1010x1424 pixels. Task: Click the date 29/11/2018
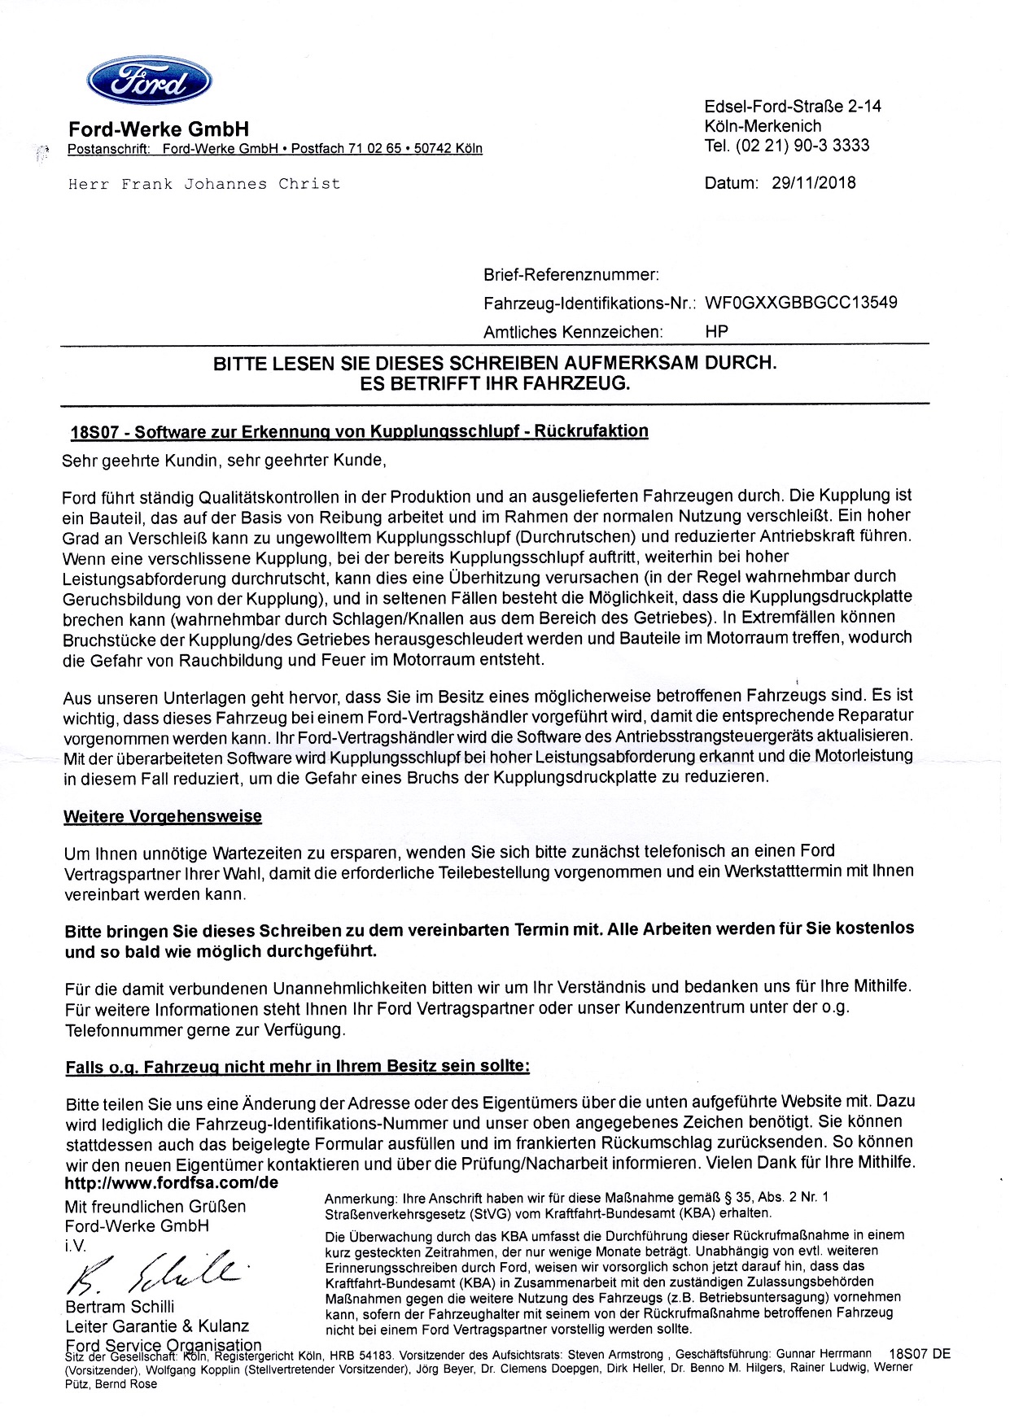coord(813,183)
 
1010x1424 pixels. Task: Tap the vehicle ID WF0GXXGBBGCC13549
coord(801,303)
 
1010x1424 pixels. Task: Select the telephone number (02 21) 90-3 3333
coord(802,146)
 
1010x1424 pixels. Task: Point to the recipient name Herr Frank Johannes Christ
coord(204,184)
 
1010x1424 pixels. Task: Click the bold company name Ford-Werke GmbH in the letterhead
coord(159,129)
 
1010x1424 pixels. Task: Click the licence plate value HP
coord(716,331)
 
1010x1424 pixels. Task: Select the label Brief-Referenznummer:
coord(571,275)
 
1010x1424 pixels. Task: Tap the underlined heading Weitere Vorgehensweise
coord(163,816)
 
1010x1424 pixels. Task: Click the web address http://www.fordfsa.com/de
coord(172,1182)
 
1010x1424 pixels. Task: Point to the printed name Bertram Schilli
coord(120,1307)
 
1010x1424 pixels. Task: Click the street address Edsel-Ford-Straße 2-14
coord(792,107)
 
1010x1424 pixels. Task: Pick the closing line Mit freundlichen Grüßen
coord(155,1206)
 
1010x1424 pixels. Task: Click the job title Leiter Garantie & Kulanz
coord(157,1326)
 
